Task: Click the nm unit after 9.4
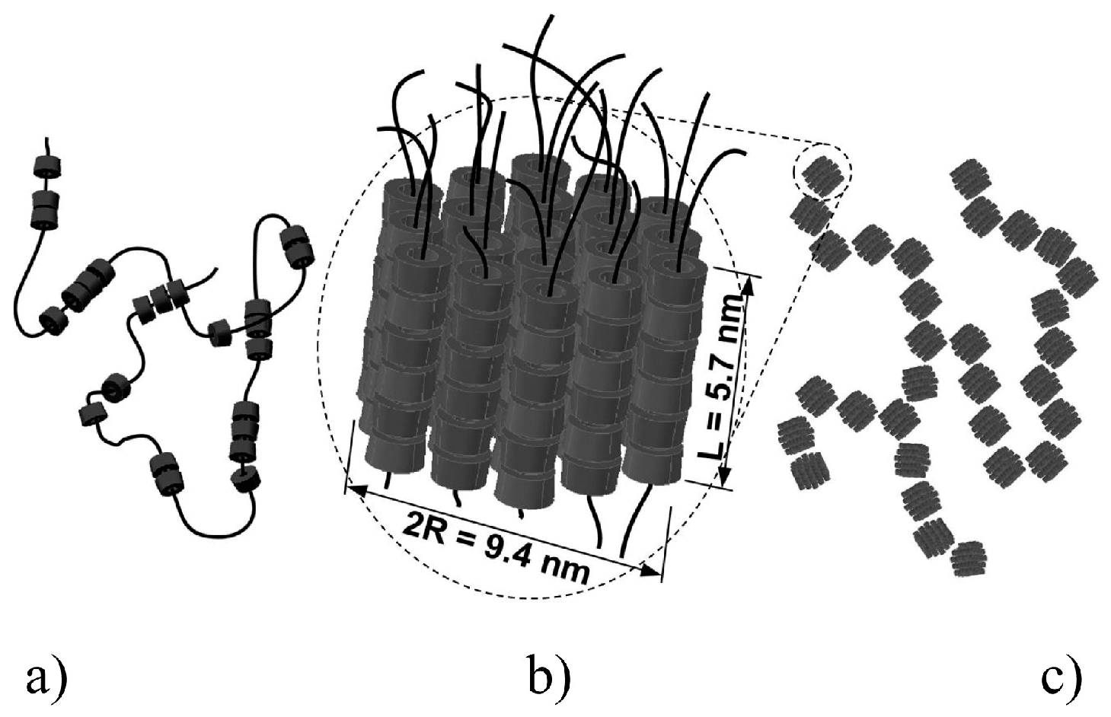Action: (x=565, y=567)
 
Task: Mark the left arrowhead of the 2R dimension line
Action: (x=353, y=491)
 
